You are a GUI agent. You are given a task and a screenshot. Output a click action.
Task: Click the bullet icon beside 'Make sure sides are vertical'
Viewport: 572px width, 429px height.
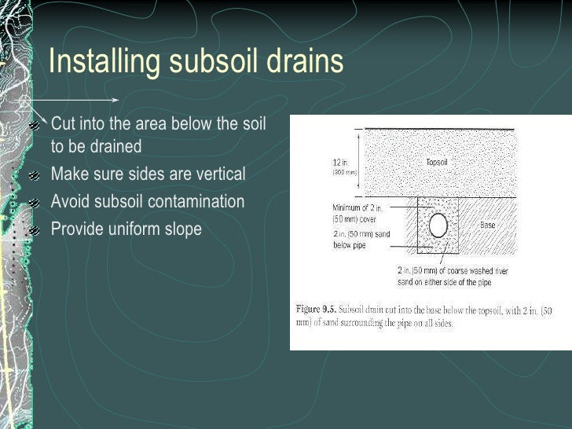coord(34,175)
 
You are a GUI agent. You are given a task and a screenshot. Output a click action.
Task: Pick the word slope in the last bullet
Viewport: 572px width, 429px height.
coord(181,229)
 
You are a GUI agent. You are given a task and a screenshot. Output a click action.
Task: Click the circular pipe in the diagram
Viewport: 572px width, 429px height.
coord(438,225)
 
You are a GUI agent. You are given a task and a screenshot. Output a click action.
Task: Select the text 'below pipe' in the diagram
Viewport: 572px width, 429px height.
coord(349,245)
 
